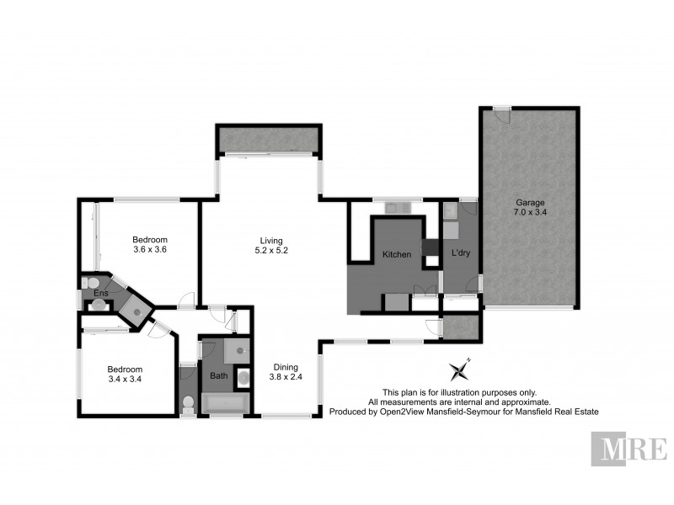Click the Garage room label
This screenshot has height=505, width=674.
pyautogui.click(x=530, y=203)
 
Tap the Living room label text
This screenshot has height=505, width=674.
pyautogui.click(x=270, y=240)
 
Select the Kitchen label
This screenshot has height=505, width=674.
pyautogui.click(x=397, y=254)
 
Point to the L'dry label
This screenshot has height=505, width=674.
pyautogui.click(x=460, y=252)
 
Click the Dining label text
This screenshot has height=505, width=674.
pyautogui.click(x=284, y=367)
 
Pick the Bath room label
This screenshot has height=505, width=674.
pyautogui.click(x=219, y=375)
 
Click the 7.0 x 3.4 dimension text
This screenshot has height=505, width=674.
pyautogui.click(x=530, y=214)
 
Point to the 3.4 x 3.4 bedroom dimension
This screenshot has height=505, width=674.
pyautogui.click(x=124, y=380)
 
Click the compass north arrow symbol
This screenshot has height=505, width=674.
pyautogui.click(x=460, y=369)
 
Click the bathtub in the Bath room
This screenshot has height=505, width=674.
pyautogui.click(x=224, y=406)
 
